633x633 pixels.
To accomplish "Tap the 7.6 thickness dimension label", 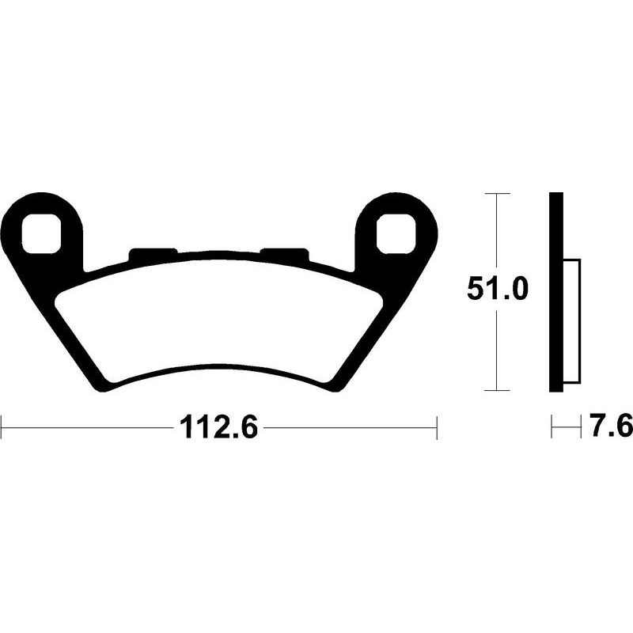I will (608, 428).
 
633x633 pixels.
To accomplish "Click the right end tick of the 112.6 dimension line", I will (437, 429).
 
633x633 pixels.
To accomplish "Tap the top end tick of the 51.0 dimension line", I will (496, 193).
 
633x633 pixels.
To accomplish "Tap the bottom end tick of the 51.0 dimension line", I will (496, 390).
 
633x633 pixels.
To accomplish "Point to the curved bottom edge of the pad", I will (218, 377).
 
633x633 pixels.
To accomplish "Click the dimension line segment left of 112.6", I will (87, 429).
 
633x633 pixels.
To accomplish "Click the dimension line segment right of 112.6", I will (348, 429).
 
